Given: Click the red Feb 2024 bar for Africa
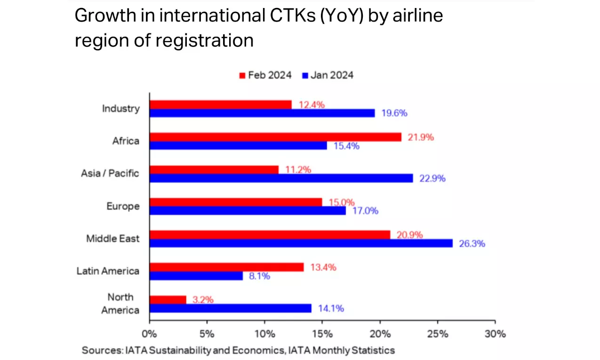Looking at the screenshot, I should point(275,137).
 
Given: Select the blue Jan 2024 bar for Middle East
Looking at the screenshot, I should point(301,243).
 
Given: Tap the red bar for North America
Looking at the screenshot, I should point(168,299).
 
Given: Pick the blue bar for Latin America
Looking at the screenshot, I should point(196,276).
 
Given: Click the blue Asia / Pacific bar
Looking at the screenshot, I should point(281,178).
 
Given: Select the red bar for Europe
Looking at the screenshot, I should point(235,202).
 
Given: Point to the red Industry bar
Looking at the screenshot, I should point(220,104).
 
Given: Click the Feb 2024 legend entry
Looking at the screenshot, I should point(265,75).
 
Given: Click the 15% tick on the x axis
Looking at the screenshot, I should point(322,334).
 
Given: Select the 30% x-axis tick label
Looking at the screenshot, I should point(495,334).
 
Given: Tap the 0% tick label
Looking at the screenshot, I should point(149,334).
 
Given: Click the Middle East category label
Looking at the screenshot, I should point(113,239).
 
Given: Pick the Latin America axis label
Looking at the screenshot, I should point(108,271).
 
